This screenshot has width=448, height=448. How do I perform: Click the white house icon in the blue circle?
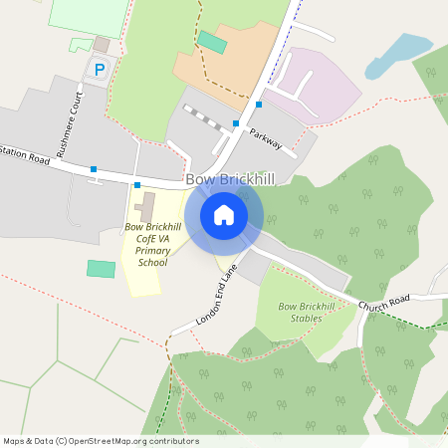click(224, 215)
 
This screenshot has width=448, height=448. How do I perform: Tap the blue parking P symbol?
click(99, 69)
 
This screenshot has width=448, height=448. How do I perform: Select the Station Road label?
click(26, 156)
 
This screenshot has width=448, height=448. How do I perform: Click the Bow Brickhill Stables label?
click(307, 313)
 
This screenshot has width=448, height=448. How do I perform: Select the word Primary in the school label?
click(153, 251)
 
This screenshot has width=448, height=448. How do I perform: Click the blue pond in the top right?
click(397, 56)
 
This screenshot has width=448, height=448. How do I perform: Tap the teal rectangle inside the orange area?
click(211, 42)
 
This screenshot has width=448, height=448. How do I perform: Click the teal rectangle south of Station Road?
click(101, 269)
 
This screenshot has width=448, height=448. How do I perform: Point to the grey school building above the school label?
click(146, 207)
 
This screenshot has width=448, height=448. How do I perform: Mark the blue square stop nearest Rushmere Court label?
click(94, 169)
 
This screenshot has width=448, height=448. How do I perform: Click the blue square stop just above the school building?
click(137, 185)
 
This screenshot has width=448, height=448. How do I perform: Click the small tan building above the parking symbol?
click(101, 45)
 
